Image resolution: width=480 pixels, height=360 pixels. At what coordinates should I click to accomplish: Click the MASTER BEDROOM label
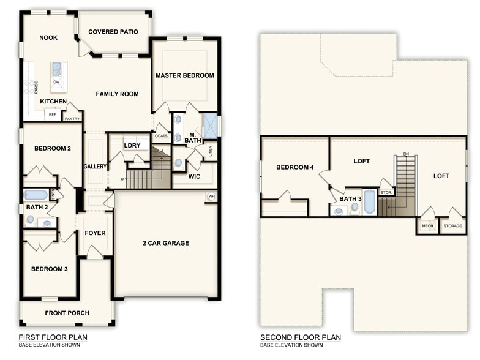[x=184, y=75]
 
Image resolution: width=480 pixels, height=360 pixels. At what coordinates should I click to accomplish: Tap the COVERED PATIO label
[x=113, y=32]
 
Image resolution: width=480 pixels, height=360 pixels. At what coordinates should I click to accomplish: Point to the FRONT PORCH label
[x=67, y=313]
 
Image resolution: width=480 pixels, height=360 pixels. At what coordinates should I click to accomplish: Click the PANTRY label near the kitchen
[x=72, y=119]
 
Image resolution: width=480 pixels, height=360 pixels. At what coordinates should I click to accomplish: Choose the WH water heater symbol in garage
[x=211, y=197]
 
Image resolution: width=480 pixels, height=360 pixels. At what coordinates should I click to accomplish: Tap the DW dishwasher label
[x=56, y=81]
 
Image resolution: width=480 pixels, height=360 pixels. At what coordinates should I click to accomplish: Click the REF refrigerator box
[x=53, y=114]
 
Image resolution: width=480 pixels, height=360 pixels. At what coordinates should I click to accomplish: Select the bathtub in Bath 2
[x=36, y=195]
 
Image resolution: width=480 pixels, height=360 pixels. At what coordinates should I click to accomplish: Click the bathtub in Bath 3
[x=369, y=201]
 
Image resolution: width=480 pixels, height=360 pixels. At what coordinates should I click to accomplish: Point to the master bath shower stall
[x=211, y=126]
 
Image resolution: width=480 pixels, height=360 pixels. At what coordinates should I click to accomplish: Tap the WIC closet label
[x=195, y=177]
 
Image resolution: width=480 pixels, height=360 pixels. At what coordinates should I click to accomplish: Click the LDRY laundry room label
[x=132, y=145]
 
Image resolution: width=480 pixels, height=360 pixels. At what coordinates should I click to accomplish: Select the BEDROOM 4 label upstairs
[x=294, y=167]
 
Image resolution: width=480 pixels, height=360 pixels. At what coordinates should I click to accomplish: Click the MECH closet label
[x=427, y=226]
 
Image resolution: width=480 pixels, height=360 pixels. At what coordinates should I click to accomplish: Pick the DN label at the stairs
[x=406, y=154]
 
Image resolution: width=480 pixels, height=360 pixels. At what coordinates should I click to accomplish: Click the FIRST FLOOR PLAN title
[x=53, y=337]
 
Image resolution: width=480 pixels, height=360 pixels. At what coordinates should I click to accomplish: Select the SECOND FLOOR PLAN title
[x=300, y=337]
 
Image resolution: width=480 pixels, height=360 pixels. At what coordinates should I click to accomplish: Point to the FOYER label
[x=95, y=233]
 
